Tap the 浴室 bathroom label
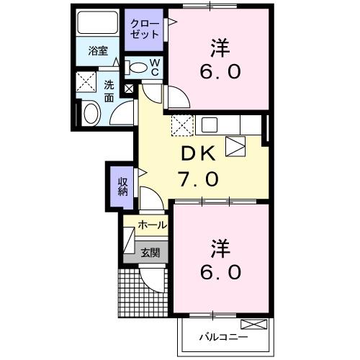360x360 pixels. point(99,51)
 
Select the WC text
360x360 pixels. point(155,67)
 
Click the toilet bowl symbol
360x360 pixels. point(137,68)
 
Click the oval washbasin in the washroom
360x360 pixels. point(91,113)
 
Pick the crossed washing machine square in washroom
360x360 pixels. point(89,82)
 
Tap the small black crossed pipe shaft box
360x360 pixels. point(129,89)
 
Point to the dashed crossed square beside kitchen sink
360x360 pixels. point(182,125)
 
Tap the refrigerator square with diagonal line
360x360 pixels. point(236,147)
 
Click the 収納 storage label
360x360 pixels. point(123,182)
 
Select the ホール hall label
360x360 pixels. point(153,225)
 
